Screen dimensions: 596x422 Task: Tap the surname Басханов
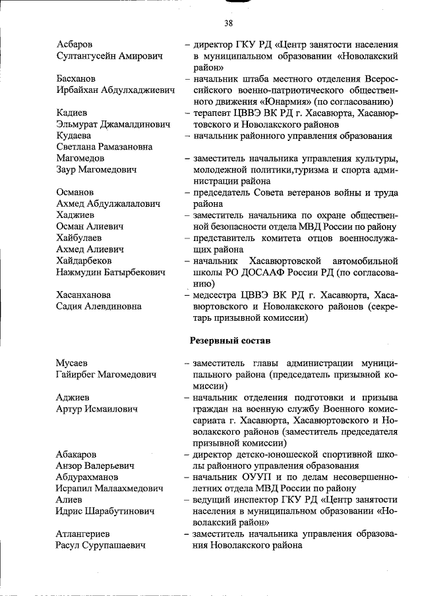[x=77, y=78]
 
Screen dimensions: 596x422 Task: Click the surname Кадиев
[x=73, y=113]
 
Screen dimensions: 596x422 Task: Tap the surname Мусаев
[x=73, y=363]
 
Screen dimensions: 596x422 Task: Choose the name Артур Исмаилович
[x=97, y=409]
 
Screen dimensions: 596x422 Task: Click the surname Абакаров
[x=77, y=454]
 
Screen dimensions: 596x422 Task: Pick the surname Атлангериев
[x=83, y=534]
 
